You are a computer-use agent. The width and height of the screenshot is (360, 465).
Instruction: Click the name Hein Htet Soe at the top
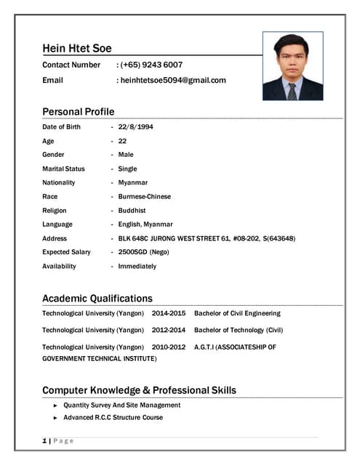[x=76, y=49]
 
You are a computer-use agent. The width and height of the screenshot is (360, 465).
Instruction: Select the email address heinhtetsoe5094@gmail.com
[x=173, y=80]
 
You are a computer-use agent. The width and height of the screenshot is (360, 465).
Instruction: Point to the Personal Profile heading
[x=78, y=111]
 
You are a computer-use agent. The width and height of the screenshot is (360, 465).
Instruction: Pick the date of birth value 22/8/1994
[x=135, y=126]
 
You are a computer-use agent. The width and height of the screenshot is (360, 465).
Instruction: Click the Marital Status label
[x=63, y=169]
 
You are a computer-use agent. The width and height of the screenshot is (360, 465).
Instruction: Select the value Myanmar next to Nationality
[x=132, y=182]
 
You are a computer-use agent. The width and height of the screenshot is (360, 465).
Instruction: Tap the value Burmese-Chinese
[x=145, y=196]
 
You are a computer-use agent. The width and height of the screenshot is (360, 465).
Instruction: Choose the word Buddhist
[x=133, y=210]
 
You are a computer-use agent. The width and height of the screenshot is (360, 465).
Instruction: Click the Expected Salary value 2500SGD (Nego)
[x=144, y=252]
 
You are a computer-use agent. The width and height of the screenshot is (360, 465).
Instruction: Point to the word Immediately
[x=137, y=266]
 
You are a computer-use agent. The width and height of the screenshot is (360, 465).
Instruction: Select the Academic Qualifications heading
[x=97, y=298]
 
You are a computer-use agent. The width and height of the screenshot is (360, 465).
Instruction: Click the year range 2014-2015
[x=169, y=313]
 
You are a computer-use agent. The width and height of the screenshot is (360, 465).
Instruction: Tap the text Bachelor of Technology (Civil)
[x=239, y=330]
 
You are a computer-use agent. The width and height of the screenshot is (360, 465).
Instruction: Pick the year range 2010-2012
[x=169, y=347]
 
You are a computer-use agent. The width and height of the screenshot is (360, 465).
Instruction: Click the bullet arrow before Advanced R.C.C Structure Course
[x=55, y=418]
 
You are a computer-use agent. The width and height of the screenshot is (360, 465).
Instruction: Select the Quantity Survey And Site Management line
[x=121, y=405]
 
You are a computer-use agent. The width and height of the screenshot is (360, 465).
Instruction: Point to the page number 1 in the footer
[x=44, y=441]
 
